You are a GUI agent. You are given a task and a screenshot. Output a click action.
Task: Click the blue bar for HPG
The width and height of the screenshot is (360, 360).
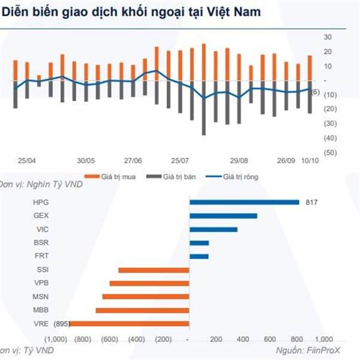point(244,202)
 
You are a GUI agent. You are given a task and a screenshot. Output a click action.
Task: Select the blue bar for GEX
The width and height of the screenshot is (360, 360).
point(223,216)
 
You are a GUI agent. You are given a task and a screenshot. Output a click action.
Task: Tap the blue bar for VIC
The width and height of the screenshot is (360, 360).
point(213,230)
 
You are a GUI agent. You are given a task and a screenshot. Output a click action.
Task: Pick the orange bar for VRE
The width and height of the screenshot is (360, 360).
point(130,324)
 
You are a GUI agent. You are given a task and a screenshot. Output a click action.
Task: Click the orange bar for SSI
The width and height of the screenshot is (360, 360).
point(154,270)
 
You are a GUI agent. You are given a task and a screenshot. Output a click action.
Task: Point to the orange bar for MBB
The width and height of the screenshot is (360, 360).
point(142,310)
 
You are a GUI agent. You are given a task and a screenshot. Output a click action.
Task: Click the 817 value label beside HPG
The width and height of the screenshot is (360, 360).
point(311,202)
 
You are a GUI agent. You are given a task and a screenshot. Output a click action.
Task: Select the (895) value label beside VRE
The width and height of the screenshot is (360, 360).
point(61,324)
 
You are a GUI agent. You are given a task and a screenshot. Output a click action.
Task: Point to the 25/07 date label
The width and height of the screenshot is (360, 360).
point(180,161)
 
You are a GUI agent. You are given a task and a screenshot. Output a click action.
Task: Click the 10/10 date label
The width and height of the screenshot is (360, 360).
point(310,161)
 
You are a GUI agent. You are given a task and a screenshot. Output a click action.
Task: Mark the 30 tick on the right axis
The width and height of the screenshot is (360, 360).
point(328,37)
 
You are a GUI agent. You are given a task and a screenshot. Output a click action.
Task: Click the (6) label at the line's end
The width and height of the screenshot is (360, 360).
point(316,91)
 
